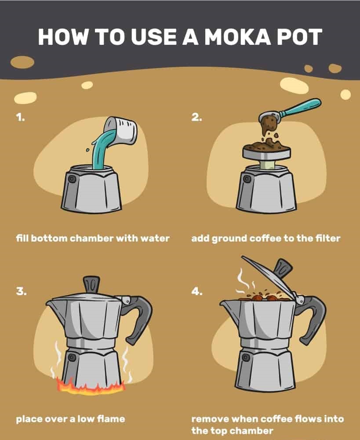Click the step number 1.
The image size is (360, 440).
(20, 118)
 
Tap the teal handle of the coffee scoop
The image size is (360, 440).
(302, 108)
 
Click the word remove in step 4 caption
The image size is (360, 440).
(209, 419)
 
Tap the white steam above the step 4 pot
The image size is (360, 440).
(241, 281)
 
